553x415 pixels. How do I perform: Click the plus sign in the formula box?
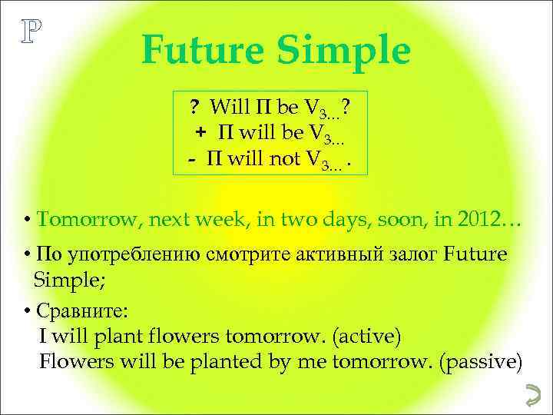[200, 131]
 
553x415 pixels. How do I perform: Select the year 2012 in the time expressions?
[477, 220]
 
